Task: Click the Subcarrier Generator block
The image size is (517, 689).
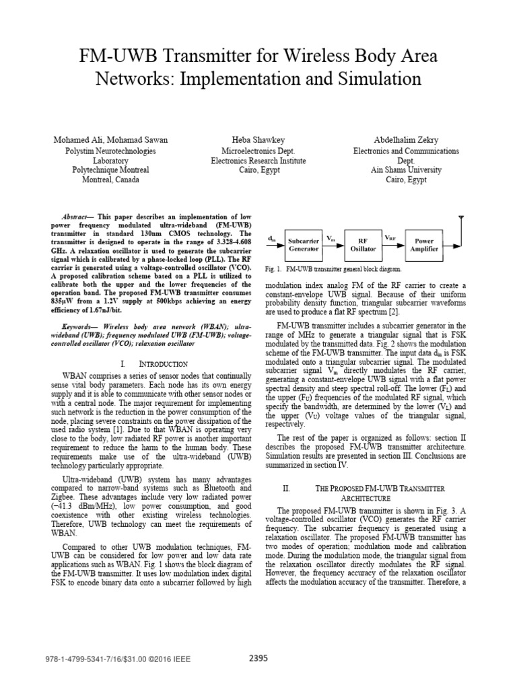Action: click(303, 244)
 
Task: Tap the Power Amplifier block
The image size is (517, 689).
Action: click(424, 244)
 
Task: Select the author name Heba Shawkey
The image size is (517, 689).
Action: click(258, 140)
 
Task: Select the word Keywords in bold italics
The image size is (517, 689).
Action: click(75, 326)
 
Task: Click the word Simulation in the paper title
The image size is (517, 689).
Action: click(379, 79)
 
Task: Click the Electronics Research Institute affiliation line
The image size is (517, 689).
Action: click(258, 161)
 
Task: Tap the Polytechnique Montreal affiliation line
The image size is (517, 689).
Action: click(111, 170)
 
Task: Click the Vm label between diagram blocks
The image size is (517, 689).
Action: click(331, 238)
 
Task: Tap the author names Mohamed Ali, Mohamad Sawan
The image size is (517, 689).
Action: click(111, 140)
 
